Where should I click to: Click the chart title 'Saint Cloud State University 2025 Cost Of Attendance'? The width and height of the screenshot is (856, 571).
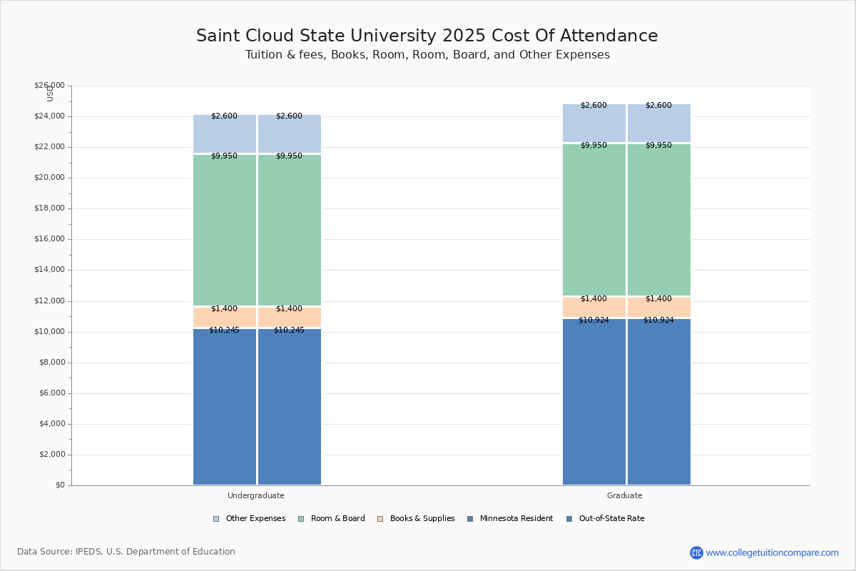pyautogui.click(x=427, y=36)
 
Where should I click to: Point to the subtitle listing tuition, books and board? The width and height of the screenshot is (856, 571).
pyautogui.click(x=427, y=55)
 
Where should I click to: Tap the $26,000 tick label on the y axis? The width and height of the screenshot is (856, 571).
pyautogui.click(x=49, y=86)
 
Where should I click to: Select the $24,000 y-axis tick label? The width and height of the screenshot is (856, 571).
pyautogui.click(x=49, y=116)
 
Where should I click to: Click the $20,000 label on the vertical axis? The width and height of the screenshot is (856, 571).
pyautogui.click(x=49, y=178)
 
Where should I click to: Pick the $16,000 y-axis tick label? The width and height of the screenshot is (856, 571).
pyautogui.click(x=49, y=239)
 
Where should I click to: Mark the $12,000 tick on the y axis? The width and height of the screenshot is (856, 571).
pyautogui.click(x=49, y=301)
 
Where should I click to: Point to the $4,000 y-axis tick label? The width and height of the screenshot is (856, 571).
pyautogui.click(x=51, y=424)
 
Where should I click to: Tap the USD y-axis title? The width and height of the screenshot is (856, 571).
pyautogui.click(x=50, y=94)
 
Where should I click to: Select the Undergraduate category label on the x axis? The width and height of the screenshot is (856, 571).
pyautogui.click(x=255, y=495)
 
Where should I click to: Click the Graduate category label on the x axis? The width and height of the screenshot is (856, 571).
pyautogui.click(x=625, y=495)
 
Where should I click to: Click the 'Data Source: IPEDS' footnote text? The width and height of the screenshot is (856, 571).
pyautogui.click(x=126, y=552)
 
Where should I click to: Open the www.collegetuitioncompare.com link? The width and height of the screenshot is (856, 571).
pyautogui.click(x=773, y=552)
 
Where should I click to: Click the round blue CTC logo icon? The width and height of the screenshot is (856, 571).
pyautogui.click(x=696, y=552)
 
